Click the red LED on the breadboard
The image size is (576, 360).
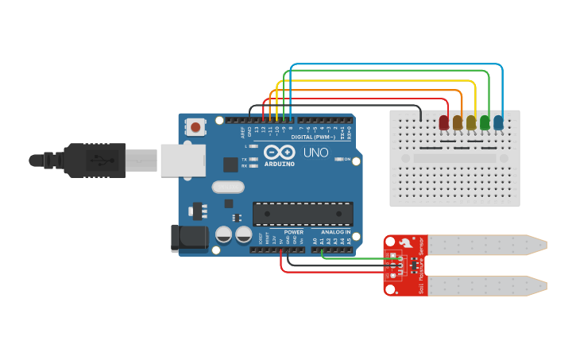pyautogui.click(x=444, y=122)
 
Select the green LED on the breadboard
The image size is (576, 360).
pyautogui.click(x=485, y=122)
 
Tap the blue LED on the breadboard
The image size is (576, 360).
pyautogui.click(x=498, y=122)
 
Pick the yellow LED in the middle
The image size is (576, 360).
pyautogui.click(x=471, y=122)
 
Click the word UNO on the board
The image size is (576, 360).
pyautogui.click(x=315, y=153)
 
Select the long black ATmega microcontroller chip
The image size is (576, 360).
pyautogui.click(x=303, y=214)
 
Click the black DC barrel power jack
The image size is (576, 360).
pyautogui.click(x=189, y=238)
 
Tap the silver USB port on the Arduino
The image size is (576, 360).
pyautogui.click(x=182, y=160)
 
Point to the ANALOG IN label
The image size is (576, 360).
pyautogui.click(x=336, y=232)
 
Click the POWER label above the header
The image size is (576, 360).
pyautogui.click(x=293, y=232)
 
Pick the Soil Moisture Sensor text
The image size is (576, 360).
pyautogui.click(x=421, y=266)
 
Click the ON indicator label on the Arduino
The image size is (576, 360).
pyautogui.click(x=347, y=159)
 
